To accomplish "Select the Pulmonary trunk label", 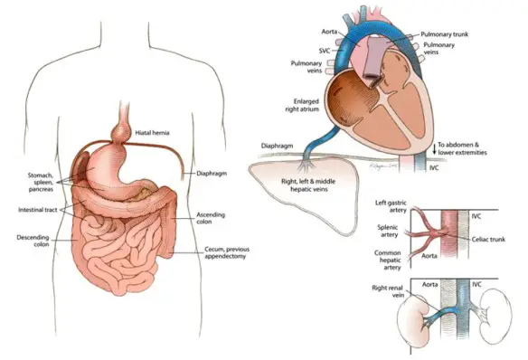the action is tap(444, 33).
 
